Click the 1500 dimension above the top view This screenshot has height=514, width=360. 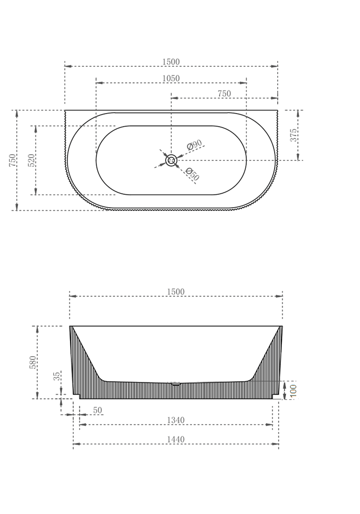click(x=171, y=62)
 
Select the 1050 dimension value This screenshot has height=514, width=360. click(x=171, y=79)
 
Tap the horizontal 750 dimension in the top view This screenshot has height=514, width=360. click(x=224, y=94)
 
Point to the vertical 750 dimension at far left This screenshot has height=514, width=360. click(x=12, y=160)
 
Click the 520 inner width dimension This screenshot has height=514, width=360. click(x=31, y=160)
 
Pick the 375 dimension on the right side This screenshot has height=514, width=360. click(x=293, y=135)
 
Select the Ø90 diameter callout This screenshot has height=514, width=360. click(x=194, y=145)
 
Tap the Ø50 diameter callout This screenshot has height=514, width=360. click(x=192, y=175)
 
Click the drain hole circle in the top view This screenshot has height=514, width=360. click(x=171, y=160)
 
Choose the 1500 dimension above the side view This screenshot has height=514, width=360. click(x=175, y=291)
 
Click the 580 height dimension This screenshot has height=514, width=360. click(x=33, y=362)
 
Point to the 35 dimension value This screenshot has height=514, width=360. click(x=58, y=376)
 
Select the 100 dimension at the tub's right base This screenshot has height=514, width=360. click(x=293, y=390)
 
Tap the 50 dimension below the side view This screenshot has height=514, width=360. click(x=98, y=410)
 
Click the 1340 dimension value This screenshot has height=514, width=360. click(x=175, y=420)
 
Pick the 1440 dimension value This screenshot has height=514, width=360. click(x=175, y=439)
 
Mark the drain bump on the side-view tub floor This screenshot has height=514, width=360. click(x=176, y=383)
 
